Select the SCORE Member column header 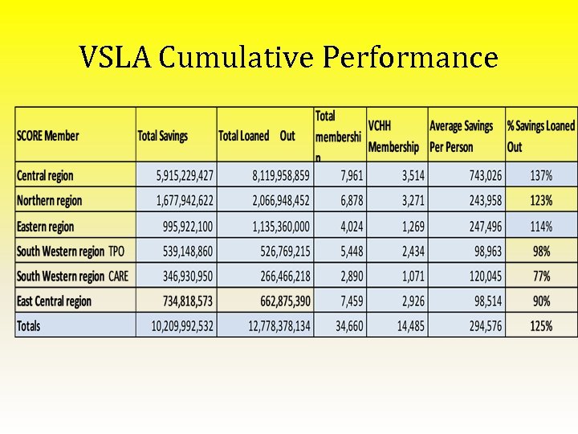click(x=48, y=136)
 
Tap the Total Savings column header click(x=163, y=136)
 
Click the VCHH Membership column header click(x=393, y=136)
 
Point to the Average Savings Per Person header click(x=462, y=136)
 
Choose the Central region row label click(x=45, y=175)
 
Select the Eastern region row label click(x=45, y=227)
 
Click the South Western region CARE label click(x=72, y=276)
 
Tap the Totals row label click(x=29, y=325)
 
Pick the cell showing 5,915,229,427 click(x=185, y=175)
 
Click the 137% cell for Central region click(x=541, y=175)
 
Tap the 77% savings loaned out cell click(x=541, y=276)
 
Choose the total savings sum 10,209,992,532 click(x=182, y=325)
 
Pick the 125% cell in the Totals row click(x=541, y=325)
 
